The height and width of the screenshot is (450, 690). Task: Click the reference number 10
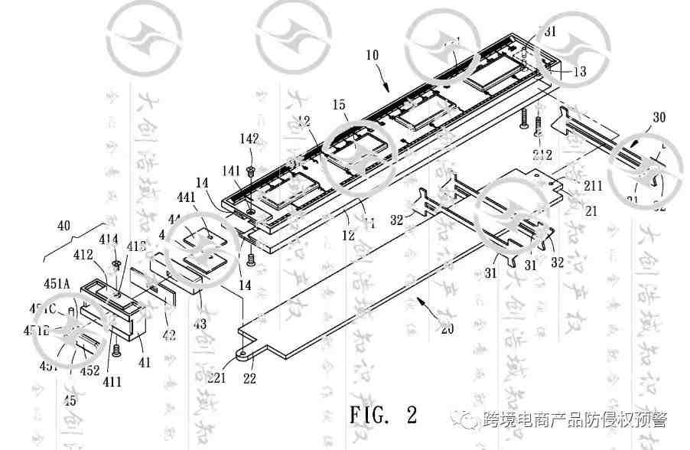tap(373, 56)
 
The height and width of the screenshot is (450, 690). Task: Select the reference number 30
tap(659, 118)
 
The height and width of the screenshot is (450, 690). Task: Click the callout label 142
tap(249, 139)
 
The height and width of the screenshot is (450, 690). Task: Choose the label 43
tap(200, 324)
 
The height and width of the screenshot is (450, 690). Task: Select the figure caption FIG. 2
tap(384, 416)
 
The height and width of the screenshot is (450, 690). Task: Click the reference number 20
tap(446, 331)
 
